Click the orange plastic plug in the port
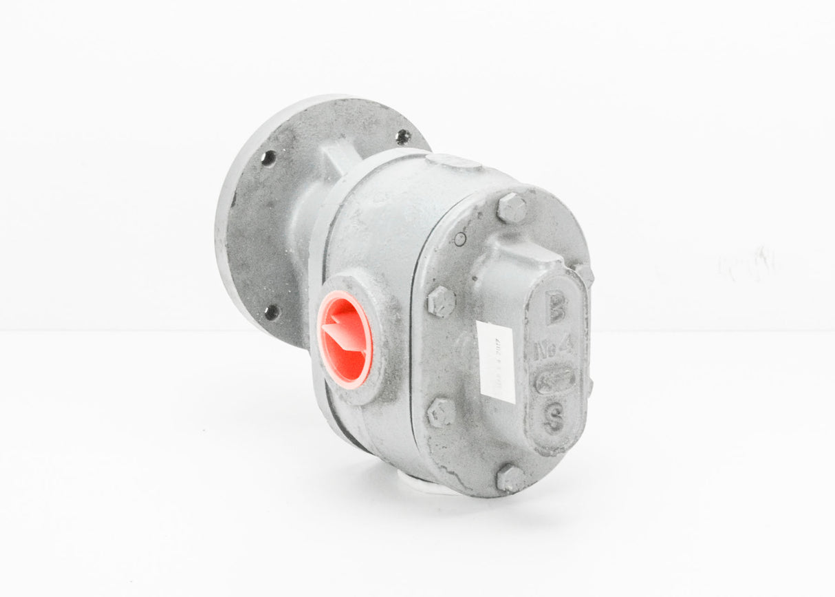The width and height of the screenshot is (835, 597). pos(344,339)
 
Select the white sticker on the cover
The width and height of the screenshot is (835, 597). pos(497,362)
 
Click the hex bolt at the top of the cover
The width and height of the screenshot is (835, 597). pos(511,208)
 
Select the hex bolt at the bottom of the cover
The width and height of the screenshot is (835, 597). pos(510,478)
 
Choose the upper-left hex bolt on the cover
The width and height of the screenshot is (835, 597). pos(441,302)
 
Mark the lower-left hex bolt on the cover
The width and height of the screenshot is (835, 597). pos(441,412)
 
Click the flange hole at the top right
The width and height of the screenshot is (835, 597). pos(404,136)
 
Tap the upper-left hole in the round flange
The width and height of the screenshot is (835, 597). pos(268,158)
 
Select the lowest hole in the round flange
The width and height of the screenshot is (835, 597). pos(272,312)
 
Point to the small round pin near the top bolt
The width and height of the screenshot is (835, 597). pos(459,239)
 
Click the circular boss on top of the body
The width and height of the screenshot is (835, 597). pos(453,161)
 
